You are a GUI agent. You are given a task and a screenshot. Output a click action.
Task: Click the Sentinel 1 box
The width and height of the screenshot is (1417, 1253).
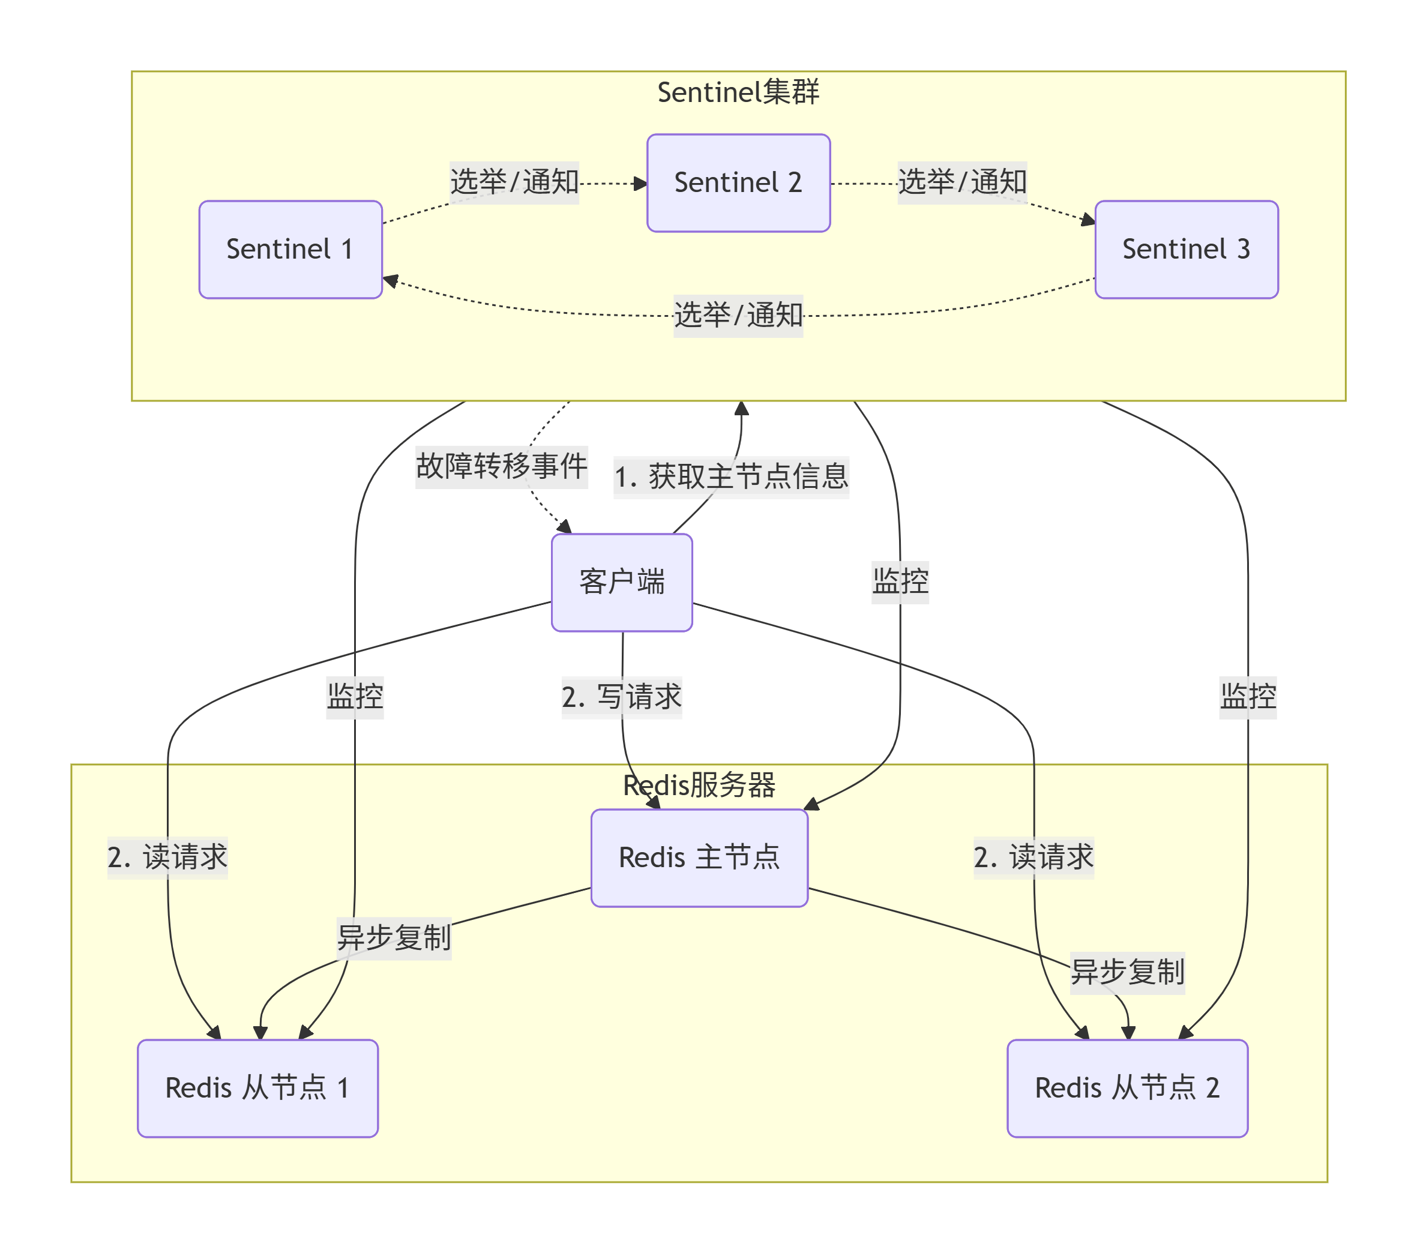point(290,250)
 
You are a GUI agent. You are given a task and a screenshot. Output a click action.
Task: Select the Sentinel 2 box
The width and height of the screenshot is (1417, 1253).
point(738,183)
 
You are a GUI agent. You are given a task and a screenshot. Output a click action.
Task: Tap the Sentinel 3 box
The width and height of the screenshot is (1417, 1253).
point(1186,250)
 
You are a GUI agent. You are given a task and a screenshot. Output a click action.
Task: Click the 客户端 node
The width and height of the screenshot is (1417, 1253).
point(622,582)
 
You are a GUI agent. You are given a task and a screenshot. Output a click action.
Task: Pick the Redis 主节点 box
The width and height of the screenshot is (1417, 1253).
point(699,858)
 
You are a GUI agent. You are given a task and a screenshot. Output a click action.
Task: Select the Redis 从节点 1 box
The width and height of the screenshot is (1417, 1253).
point(258,1088)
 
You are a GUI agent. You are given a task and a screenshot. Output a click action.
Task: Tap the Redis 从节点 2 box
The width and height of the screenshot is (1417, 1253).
point(1127,1088)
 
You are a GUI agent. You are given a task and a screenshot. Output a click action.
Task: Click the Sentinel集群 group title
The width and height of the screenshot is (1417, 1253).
point(738,92)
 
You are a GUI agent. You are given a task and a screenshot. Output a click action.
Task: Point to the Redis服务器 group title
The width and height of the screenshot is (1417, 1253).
point(699,785)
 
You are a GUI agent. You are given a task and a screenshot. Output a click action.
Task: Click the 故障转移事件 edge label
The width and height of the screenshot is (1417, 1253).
point(502,466)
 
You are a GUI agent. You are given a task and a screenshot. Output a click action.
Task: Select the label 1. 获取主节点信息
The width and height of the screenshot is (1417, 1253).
point(732,478)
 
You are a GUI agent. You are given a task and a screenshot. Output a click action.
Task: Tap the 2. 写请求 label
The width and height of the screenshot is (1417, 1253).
point(622,697)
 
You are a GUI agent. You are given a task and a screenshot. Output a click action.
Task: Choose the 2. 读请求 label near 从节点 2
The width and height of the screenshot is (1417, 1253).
point(1033,858)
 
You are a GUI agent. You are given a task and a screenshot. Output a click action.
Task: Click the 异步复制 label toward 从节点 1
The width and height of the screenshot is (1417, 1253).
point(394,939)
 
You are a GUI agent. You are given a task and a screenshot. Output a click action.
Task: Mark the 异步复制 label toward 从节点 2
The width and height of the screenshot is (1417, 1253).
point(1127,972)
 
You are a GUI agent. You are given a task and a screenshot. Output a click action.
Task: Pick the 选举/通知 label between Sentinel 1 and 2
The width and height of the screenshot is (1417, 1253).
point(514,182)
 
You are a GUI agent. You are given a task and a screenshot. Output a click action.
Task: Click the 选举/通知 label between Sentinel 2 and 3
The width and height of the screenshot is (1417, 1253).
point(962,182)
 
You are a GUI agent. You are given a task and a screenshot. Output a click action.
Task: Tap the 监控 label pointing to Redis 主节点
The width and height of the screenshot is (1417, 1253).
point(900,581)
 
